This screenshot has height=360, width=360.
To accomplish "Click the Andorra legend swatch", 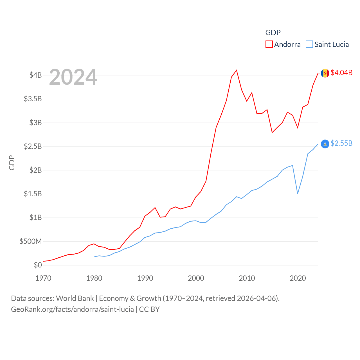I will pos(269,44).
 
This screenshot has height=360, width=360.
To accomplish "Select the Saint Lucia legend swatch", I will pos(309,44).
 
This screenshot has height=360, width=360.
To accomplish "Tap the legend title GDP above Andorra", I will pos(273,33).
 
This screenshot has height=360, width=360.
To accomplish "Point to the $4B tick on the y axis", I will pos(35,75).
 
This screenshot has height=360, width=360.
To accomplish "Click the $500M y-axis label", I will pos(30,241).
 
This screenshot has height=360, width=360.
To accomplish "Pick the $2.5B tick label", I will pos(33,146).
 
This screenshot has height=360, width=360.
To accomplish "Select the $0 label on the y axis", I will pos(38,265).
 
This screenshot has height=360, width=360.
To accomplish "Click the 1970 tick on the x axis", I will pos(43,278).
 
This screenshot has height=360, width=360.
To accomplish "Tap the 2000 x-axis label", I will pos(196,278).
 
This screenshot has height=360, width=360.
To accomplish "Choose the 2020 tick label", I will pos(298,278).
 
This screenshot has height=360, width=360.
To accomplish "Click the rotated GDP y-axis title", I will pos(12,163).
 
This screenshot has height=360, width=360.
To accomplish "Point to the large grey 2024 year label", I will pos(73,77).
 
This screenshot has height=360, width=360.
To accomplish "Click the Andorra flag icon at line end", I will pos(325,73).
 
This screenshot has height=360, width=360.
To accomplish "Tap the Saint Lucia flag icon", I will pos(325,144).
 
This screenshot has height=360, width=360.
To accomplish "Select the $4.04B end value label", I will pos(341,73).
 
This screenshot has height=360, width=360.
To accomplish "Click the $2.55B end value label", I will pos(341,143).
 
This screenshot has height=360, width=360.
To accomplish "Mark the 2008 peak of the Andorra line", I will pos(237,70).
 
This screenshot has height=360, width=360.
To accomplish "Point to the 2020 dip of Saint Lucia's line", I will pos(298,193).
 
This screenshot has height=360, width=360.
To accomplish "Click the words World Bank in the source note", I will pos(75,298).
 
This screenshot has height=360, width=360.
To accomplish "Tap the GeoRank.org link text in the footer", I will pos(72,309).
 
